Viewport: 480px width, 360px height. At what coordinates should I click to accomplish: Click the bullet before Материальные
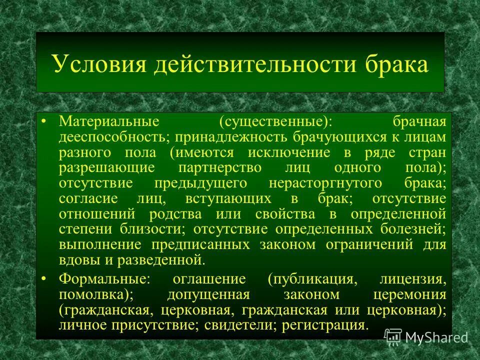pos(43,121)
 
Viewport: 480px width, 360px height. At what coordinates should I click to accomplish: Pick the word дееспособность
pos(114,137)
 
